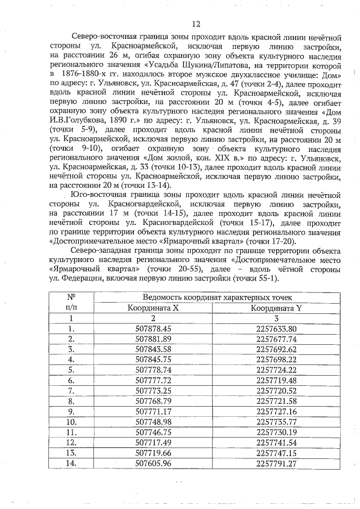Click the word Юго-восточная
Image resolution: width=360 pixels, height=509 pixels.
click(x=103, y=193)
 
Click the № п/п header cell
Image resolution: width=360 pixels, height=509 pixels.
click(x=71, y=303)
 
